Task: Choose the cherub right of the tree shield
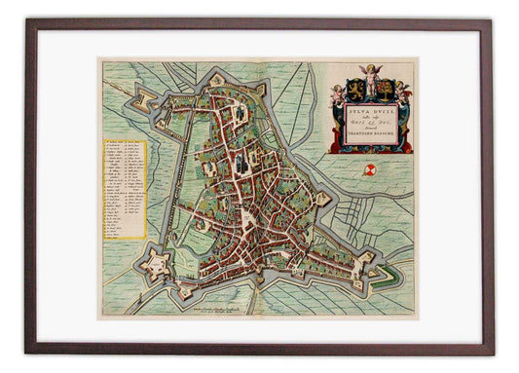coord(402,93)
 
